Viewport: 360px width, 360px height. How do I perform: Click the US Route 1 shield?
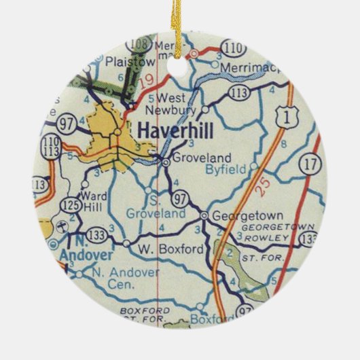tap(285, 119)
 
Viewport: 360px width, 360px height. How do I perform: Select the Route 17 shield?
tap(311, 164)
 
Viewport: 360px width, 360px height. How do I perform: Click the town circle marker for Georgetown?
tap(203, 215)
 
